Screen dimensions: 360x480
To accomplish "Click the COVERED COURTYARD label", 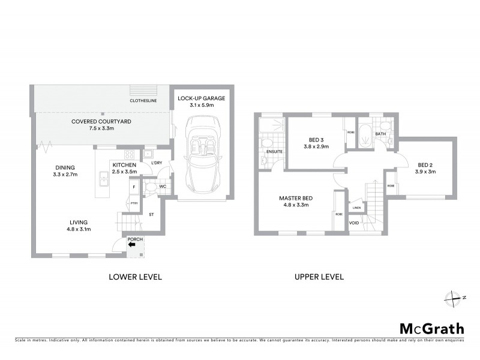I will (x=101, y=121).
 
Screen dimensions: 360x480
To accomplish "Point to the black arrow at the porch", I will (x=132, y=244).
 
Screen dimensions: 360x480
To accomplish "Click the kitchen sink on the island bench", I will (x=103, y=177).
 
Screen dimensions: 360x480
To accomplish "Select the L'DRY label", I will (x=157, y=163).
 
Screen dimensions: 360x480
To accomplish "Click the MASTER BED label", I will (x=295, y=198).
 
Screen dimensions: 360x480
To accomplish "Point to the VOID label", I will (x=354, y=224).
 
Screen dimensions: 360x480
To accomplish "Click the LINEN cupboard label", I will (x=357, y=208).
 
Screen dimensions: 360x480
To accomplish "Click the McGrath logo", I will (x=431, y=328).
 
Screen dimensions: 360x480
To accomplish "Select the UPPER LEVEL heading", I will (x=319, y=277).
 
